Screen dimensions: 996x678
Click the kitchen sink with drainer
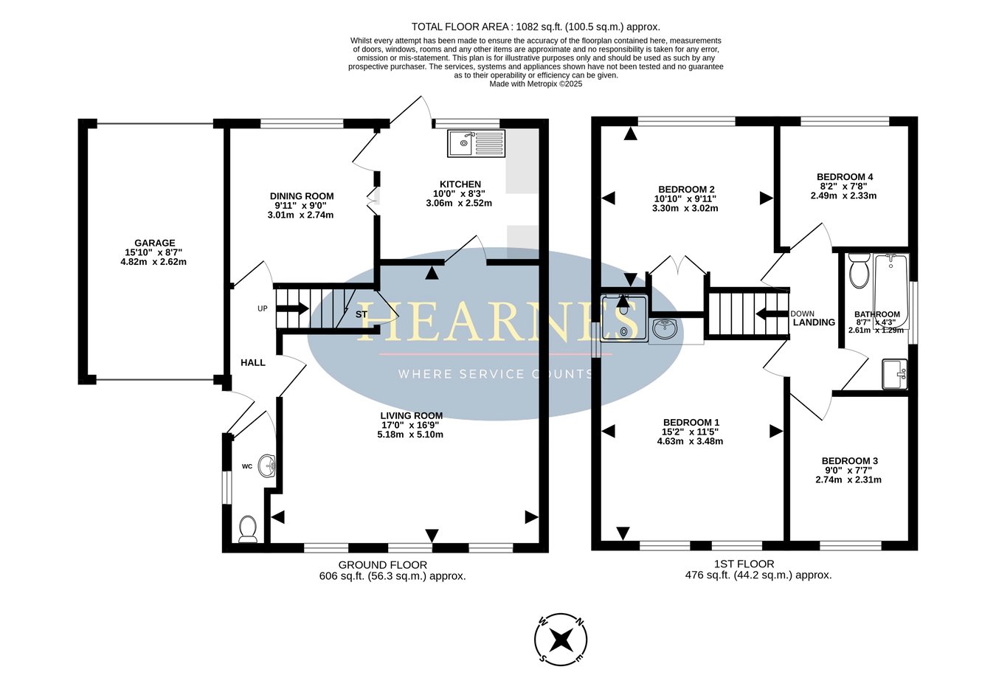[x=476, y=143]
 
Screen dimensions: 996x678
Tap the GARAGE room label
[x=155, y=243]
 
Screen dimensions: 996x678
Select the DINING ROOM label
[x=302, y=196]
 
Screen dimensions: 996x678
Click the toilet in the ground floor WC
[x=248, y=529]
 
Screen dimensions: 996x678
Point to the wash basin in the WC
[x=267, y=466]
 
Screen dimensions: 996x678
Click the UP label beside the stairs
[x=263, y=308]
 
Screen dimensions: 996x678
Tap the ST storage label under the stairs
[x=362, y=314]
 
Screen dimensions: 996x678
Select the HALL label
[x=253, y=363]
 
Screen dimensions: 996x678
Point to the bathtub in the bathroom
[x=890, y=291]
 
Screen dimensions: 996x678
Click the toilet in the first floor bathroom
[x=859, y=270]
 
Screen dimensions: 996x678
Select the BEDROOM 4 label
[x=845, y=177]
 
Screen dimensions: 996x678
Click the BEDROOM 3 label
[x=850, y=461]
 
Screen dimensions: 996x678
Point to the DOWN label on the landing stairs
[x=802, y=314]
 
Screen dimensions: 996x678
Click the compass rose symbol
[x=561, y=640]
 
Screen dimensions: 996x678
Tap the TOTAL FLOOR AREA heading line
[x=536, y=27]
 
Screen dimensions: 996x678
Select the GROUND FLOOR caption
[x=383, y=564]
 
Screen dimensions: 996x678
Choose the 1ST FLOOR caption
[x=744, y=564]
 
